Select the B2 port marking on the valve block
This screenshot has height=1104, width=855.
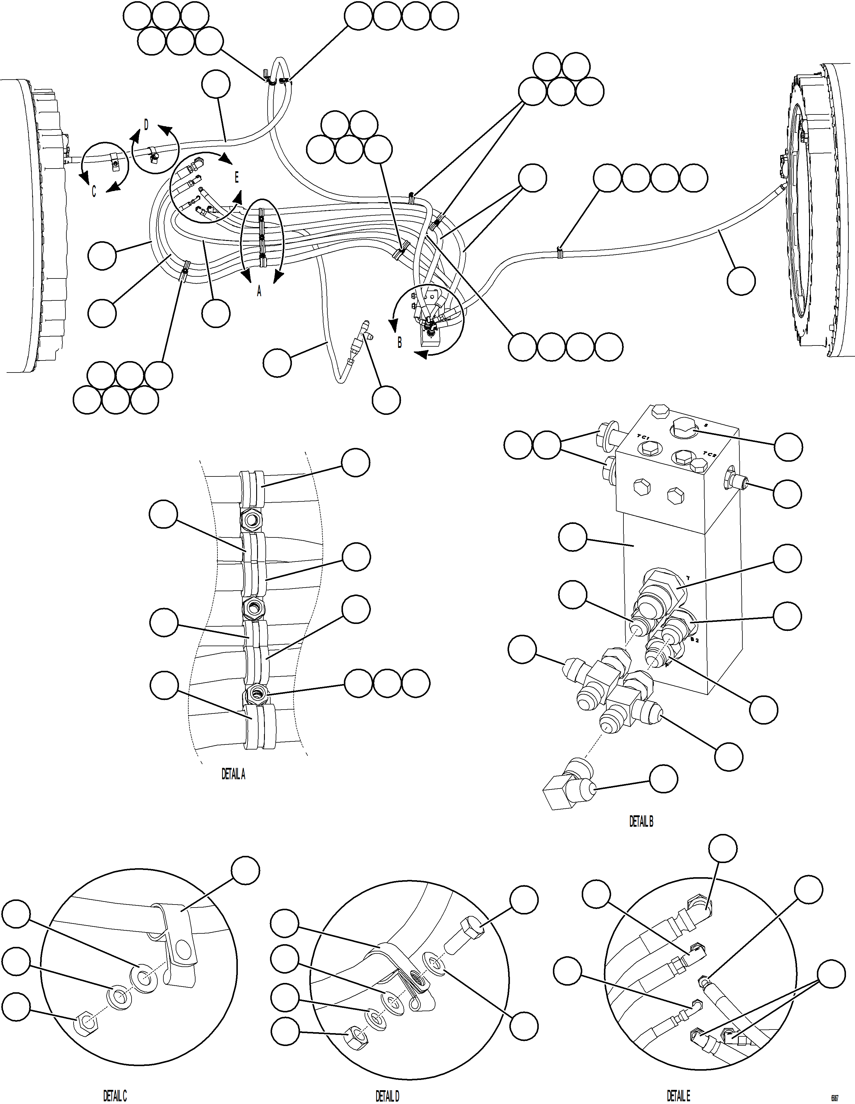pos(695,640)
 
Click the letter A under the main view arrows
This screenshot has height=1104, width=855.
pos(259,292)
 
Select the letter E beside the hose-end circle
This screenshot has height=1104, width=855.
pos(236,178)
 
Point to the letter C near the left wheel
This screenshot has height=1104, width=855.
pos(94,192)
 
